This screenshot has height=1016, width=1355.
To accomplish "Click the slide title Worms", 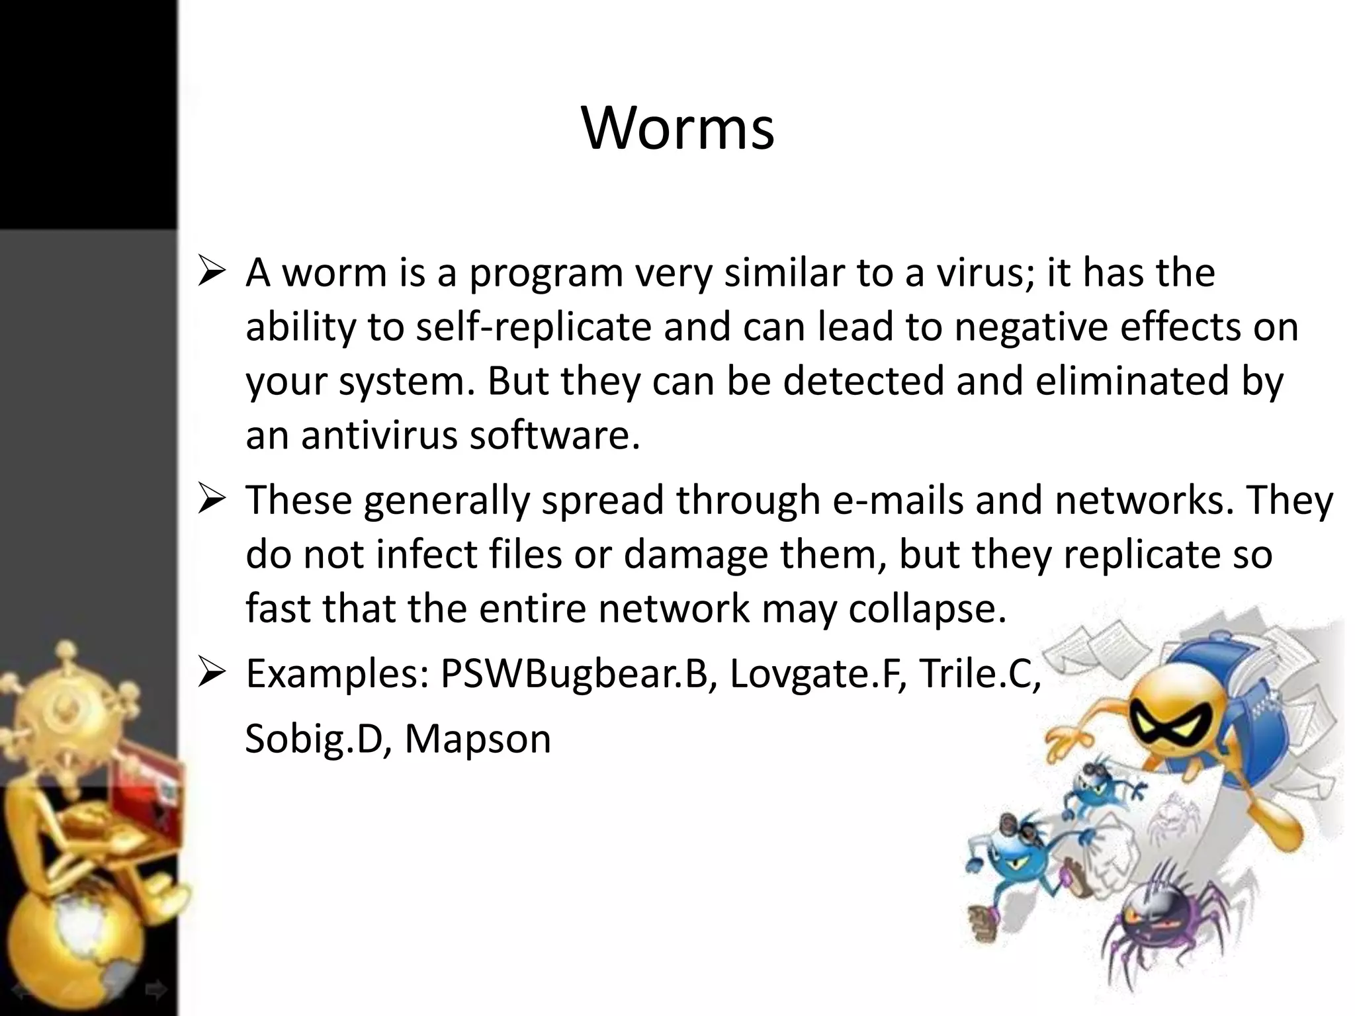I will (x=678, y=128).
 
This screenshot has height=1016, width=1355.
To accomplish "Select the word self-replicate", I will (x=533, y=327).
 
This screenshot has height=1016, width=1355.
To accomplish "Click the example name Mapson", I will (x=478, y=739).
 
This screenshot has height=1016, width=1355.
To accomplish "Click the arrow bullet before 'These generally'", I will (x=212, y=501).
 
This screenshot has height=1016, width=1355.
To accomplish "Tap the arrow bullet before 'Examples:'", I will (x=212, y=675).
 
